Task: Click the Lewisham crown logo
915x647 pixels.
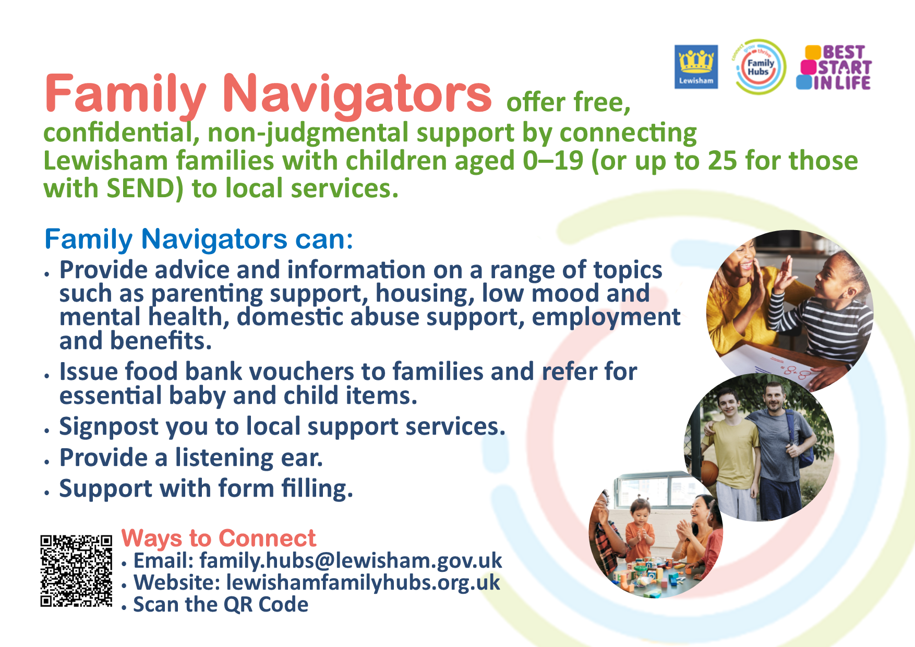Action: (x=696, y=67)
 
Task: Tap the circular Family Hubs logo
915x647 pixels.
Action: (x=760, y=67)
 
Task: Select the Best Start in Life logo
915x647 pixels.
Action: (x=834, y=67)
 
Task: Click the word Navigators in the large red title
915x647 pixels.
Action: (x=357, y=94)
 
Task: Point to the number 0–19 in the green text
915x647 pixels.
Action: (x=552, y=160)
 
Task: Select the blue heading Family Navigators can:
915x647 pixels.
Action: (x=199, y=239)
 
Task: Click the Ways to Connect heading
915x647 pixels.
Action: (x=219, y=538)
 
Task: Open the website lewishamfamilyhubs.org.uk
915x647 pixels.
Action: (x=363, y=583)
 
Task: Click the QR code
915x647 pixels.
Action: (x=76, y=571)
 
